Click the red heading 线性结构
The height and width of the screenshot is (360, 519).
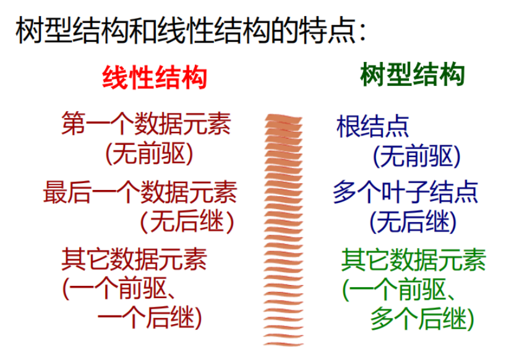[155, 78]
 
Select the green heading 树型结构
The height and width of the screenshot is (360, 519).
[413, 74]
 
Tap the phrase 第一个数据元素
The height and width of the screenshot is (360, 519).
[147, 123]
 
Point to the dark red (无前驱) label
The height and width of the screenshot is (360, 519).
[149, 153]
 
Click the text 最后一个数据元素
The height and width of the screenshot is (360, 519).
[140, 192]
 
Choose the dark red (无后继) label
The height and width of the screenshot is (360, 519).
[187, 221]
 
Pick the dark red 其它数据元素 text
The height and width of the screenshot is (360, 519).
[134, 259]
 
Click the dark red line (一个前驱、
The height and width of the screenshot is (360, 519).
[119, 288]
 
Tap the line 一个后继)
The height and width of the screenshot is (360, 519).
[150, 318]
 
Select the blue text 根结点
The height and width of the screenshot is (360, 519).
[372, 126]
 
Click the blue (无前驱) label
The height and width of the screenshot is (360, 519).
[417, 156]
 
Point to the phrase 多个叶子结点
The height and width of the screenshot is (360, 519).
[405, 192]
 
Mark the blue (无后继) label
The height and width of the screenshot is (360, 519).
[413, 221]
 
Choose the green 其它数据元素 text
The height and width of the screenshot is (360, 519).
[413, 260]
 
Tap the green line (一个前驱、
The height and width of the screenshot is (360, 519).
[399, 289]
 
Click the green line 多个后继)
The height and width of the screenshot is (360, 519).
[422, 319]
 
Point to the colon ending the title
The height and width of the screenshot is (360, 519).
[362, 32]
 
